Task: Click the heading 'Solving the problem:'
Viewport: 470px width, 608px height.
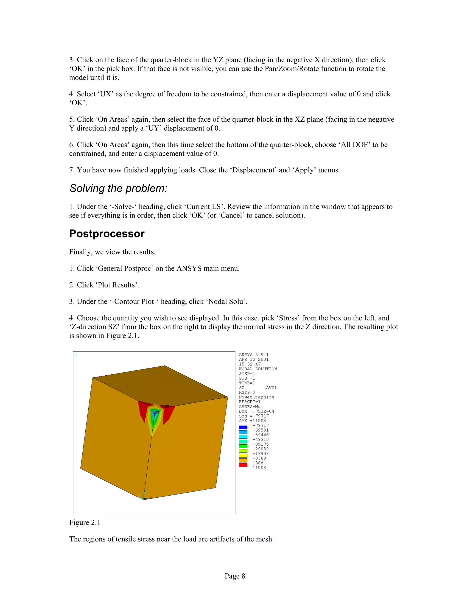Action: [x=118, y=188]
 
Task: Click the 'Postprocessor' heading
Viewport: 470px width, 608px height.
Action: [x=107, y=234]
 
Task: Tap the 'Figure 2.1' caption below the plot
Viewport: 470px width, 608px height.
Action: [x=85, y=522]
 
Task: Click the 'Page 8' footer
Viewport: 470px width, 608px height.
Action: [x=235, y=576]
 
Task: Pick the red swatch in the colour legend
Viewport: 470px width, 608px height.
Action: [x=243, y=465]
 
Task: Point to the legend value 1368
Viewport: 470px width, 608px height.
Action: [x=257, y=463]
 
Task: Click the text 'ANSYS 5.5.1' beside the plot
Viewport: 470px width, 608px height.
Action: [x=253, y=355]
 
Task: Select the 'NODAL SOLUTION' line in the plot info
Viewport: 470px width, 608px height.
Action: [x=257, y=369]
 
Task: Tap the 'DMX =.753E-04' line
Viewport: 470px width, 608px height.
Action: [x=256, y=411]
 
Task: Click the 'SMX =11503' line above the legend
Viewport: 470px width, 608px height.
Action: [x=252, y=421]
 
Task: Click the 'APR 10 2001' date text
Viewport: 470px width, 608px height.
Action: [x=253, y=359]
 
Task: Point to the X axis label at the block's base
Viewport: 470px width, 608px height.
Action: [x=150, y=497]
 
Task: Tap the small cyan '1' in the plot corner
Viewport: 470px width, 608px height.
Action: [x=76, y=355]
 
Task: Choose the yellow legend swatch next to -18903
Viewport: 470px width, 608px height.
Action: [x=243, y=455]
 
